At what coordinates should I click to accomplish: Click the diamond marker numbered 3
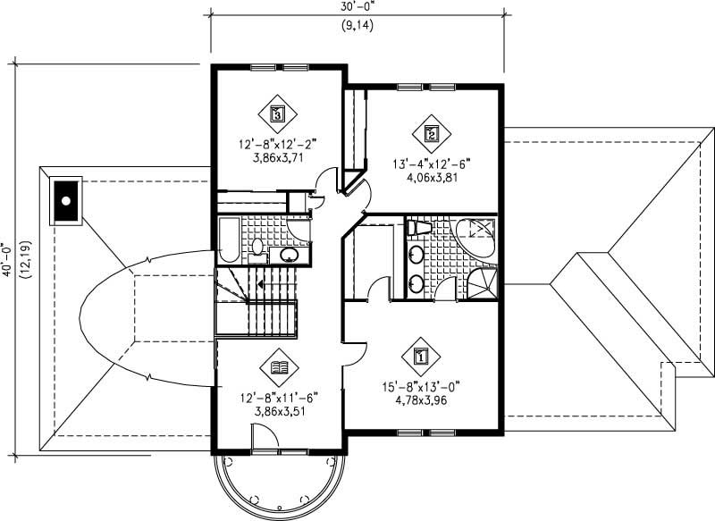coord(277,113)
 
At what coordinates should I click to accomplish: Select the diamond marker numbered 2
coord(431,134)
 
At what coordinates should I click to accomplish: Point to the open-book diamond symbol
coord(277,366)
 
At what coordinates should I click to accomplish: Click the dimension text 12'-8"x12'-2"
coord(277,142)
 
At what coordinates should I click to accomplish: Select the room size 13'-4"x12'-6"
coord(431,163)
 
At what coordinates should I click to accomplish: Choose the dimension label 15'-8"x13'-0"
coord(420,387)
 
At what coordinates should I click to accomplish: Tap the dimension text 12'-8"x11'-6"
coord(277,397)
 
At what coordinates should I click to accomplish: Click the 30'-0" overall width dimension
coord(357,7)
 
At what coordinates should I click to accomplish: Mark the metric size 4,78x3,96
coord(420,401)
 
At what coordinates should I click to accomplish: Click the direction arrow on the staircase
coord(260,284)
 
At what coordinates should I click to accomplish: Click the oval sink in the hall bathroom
coord(289,256)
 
